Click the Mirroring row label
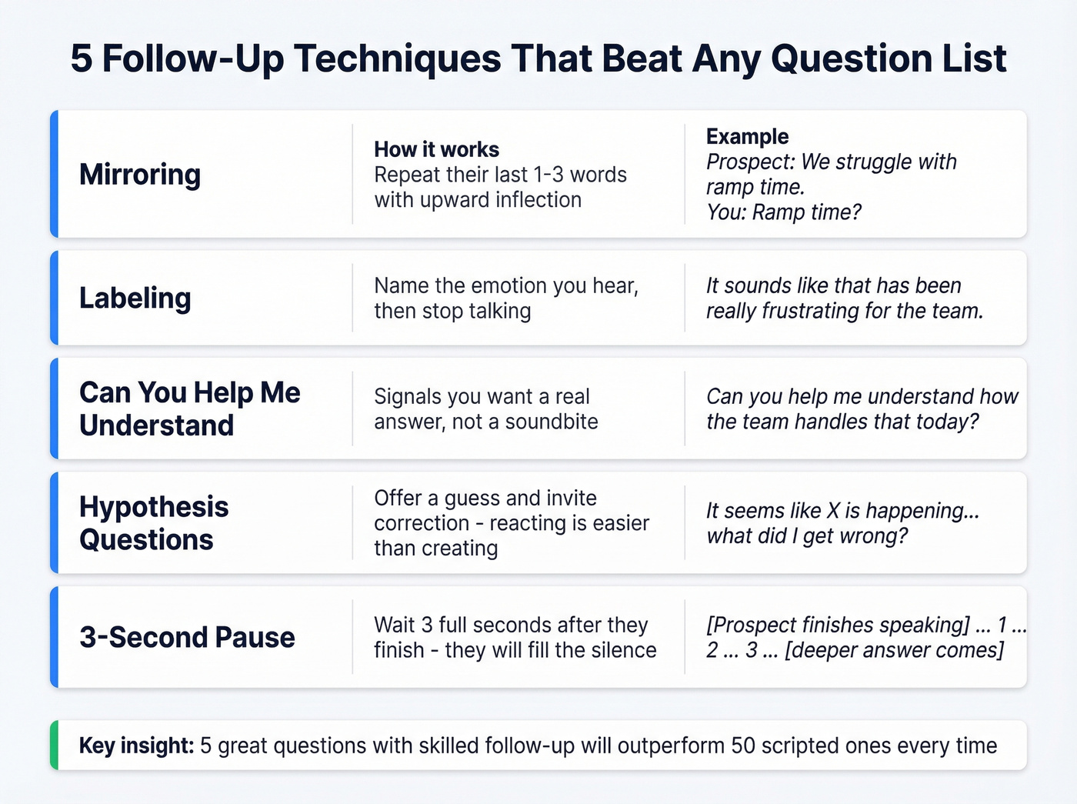140,175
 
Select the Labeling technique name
135,299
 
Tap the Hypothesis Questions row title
154,523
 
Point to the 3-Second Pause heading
187,637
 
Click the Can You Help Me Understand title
189,409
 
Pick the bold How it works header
436,149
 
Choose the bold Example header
747,136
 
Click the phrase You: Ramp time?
784,212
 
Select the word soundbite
552,422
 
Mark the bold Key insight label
136,746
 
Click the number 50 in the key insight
742,746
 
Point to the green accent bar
54,745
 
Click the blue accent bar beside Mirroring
54,174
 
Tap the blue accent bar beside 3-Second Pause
54,637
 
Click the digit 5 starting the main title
81,58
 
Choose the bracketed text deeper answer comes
894,650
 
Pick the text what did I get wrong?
807,535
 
